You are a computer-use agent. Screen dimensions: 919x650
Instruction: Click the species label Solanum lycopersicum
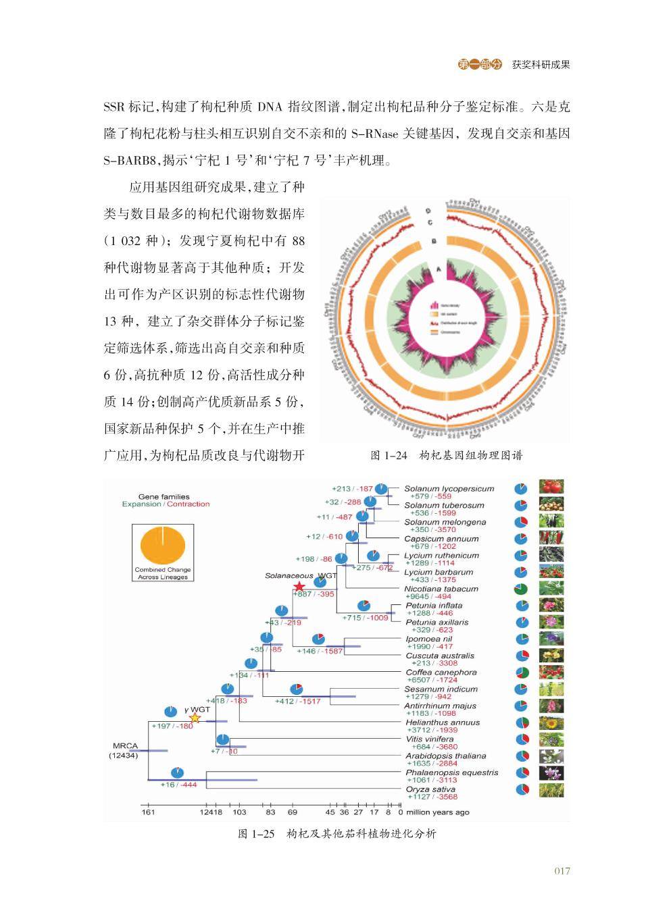(449, 489)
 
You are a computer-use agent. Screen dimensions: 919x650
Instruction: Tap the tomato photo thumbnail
(551, 487)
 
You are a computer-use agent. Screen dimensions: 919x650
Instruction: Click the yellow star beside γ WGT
(195, 718)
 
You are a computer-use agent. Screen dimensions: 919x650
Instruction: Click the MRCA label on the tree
(125, 746)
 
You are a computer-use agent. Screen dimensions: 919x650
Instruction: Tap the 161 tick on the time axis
(148, 812)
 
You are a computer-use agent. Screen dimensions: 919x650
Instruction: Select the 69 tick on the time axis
(293, 812)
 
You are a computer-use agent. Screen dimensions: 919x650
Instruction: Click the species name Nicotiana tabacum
(441, 589)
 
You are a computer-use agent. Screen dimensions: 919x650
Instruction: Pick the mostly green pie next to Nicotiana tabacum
(521, 589)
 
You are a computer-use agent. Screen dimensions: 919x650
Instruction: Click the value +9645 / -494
(428, 597)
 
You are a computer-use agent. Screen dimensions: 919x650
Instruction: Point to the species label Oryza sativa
(430, 789)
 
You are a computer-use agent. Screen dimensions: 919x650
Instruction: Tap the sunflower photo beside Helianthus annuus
(551, 723)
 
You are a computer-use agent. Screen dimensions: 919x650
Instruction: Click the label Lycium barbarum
(439, 572)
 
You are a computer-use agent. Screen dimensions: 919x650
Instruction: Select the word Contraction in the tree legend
(189, 504)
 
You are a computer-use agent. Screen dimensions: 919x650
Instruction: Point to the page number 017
(562, 870)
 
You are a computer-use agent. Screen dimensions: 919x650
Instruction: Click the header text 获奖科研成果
(541, 65)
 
